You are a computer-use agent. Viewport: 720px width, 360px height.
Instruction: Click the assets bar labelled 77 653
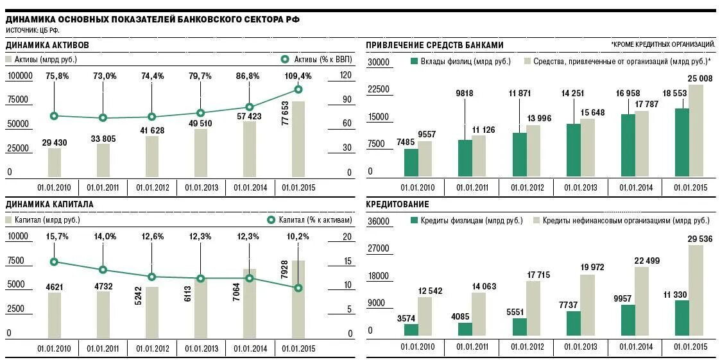coord(298,139)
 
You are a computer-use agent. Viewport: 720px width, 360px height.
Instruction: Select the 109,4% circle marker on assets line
coord(298,90)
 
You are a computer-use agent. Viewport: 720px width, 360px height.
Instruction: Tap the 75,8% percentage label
coord(55,76)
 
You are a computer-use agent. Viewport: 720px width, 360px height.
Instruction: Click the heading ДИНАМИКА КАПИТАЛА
coord(50,204)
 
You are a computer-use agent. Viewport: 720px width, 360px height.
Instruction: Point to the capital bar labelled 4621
coord(55,314)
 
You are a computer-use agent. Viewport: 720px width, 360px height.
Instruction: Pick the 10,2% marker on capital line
coord(298,288)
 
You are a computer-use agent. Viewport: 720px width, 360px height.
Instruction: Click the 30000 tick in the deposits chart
coord(379,62)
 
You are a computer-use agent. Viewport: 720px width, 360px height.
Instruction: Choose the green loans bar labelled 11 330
coord(682,318)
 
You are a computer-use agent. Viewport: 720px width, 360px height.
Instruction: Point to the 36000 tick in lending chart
coord(379,221)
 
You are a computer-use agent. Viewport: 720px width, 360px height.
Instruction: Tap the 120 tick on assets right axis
coord(347,75)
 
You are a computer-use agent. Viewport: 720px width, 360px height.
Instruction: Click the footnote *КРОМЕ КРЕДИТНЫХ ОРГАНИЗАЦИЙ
coord(664,44)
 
